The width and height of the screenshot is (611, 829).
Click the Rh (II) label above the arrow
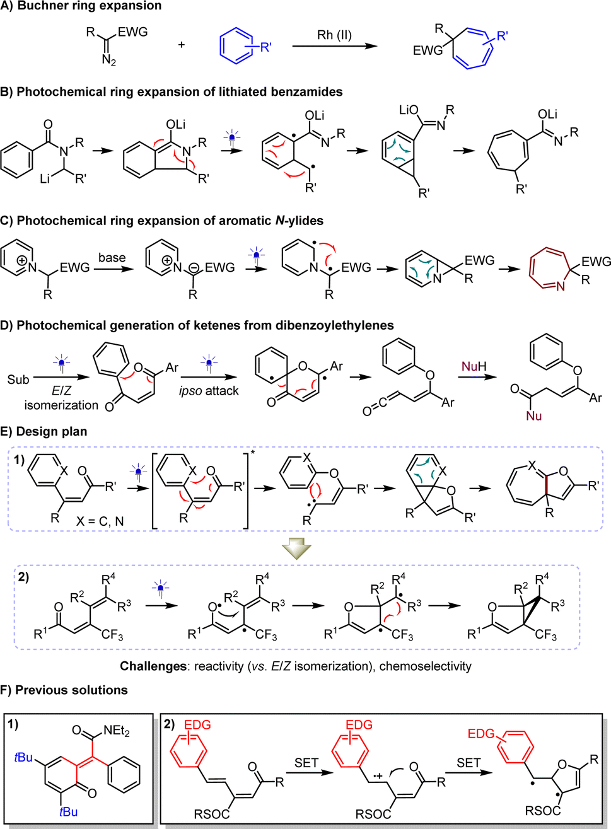(x=334, y=35)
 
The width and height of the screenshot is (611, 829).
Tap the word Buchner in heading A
(x=43, y=6)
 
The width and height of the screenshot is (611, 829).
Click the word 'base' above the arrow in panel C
(x=112, y=258)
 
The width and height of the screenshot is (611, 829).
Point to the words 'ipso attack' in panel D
(x=209, y=391)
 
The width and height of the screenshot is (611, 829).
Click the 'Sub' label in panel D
(x=18, y=380)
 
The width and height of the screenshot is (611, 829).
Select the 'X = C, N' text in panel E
(x=100, y=521)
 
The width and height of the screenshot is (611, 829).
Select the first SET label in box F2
(x=306, y=763)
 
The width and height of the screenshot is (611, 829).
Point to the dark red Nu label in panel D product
(x=533, y=416)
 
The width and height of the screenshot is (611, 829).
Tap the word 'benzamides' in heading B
(x=310, y=92)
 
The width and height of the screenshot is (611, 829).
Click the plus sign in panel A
(x=182, y=45)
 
